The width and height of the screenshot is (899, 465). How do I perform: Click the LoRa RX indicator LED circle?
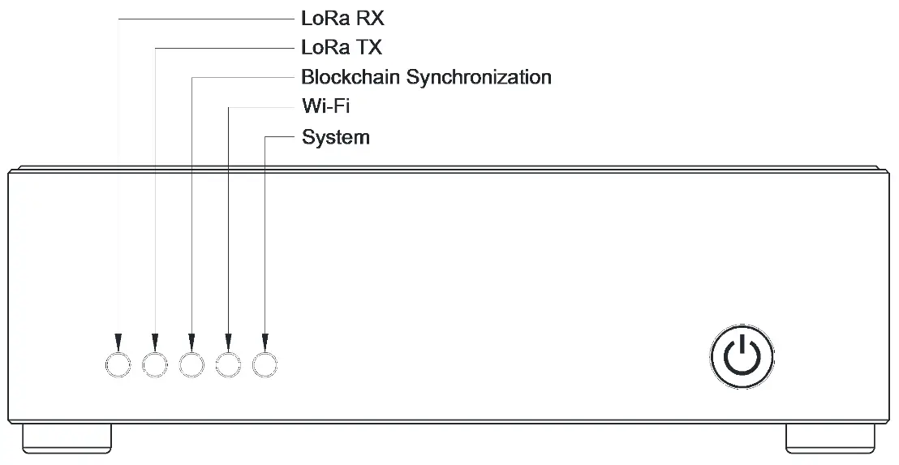118,365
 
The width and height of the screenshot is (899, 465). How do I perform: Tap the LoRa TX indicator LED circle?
154,365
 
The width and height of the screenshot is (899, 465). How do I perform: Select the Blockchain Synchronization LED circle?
191,365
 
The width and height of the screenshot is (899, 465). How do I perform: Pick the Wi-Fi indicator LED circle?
228,365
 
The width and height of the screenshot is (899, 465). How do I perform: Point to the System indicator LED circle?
265,365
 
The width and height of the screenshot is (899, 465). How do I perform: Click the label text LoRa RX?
342,18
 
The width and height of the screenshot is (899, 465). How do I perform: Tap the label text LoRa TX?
342,48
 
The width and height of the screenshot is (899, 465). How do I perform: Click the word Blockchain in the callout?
351,78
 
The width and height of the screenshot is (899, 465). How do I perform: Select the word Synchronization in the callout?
479,78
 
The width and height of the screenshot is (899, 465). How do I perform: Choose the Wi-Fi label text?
325,107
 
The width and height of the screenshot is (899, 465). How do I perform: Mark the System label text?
336,137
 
